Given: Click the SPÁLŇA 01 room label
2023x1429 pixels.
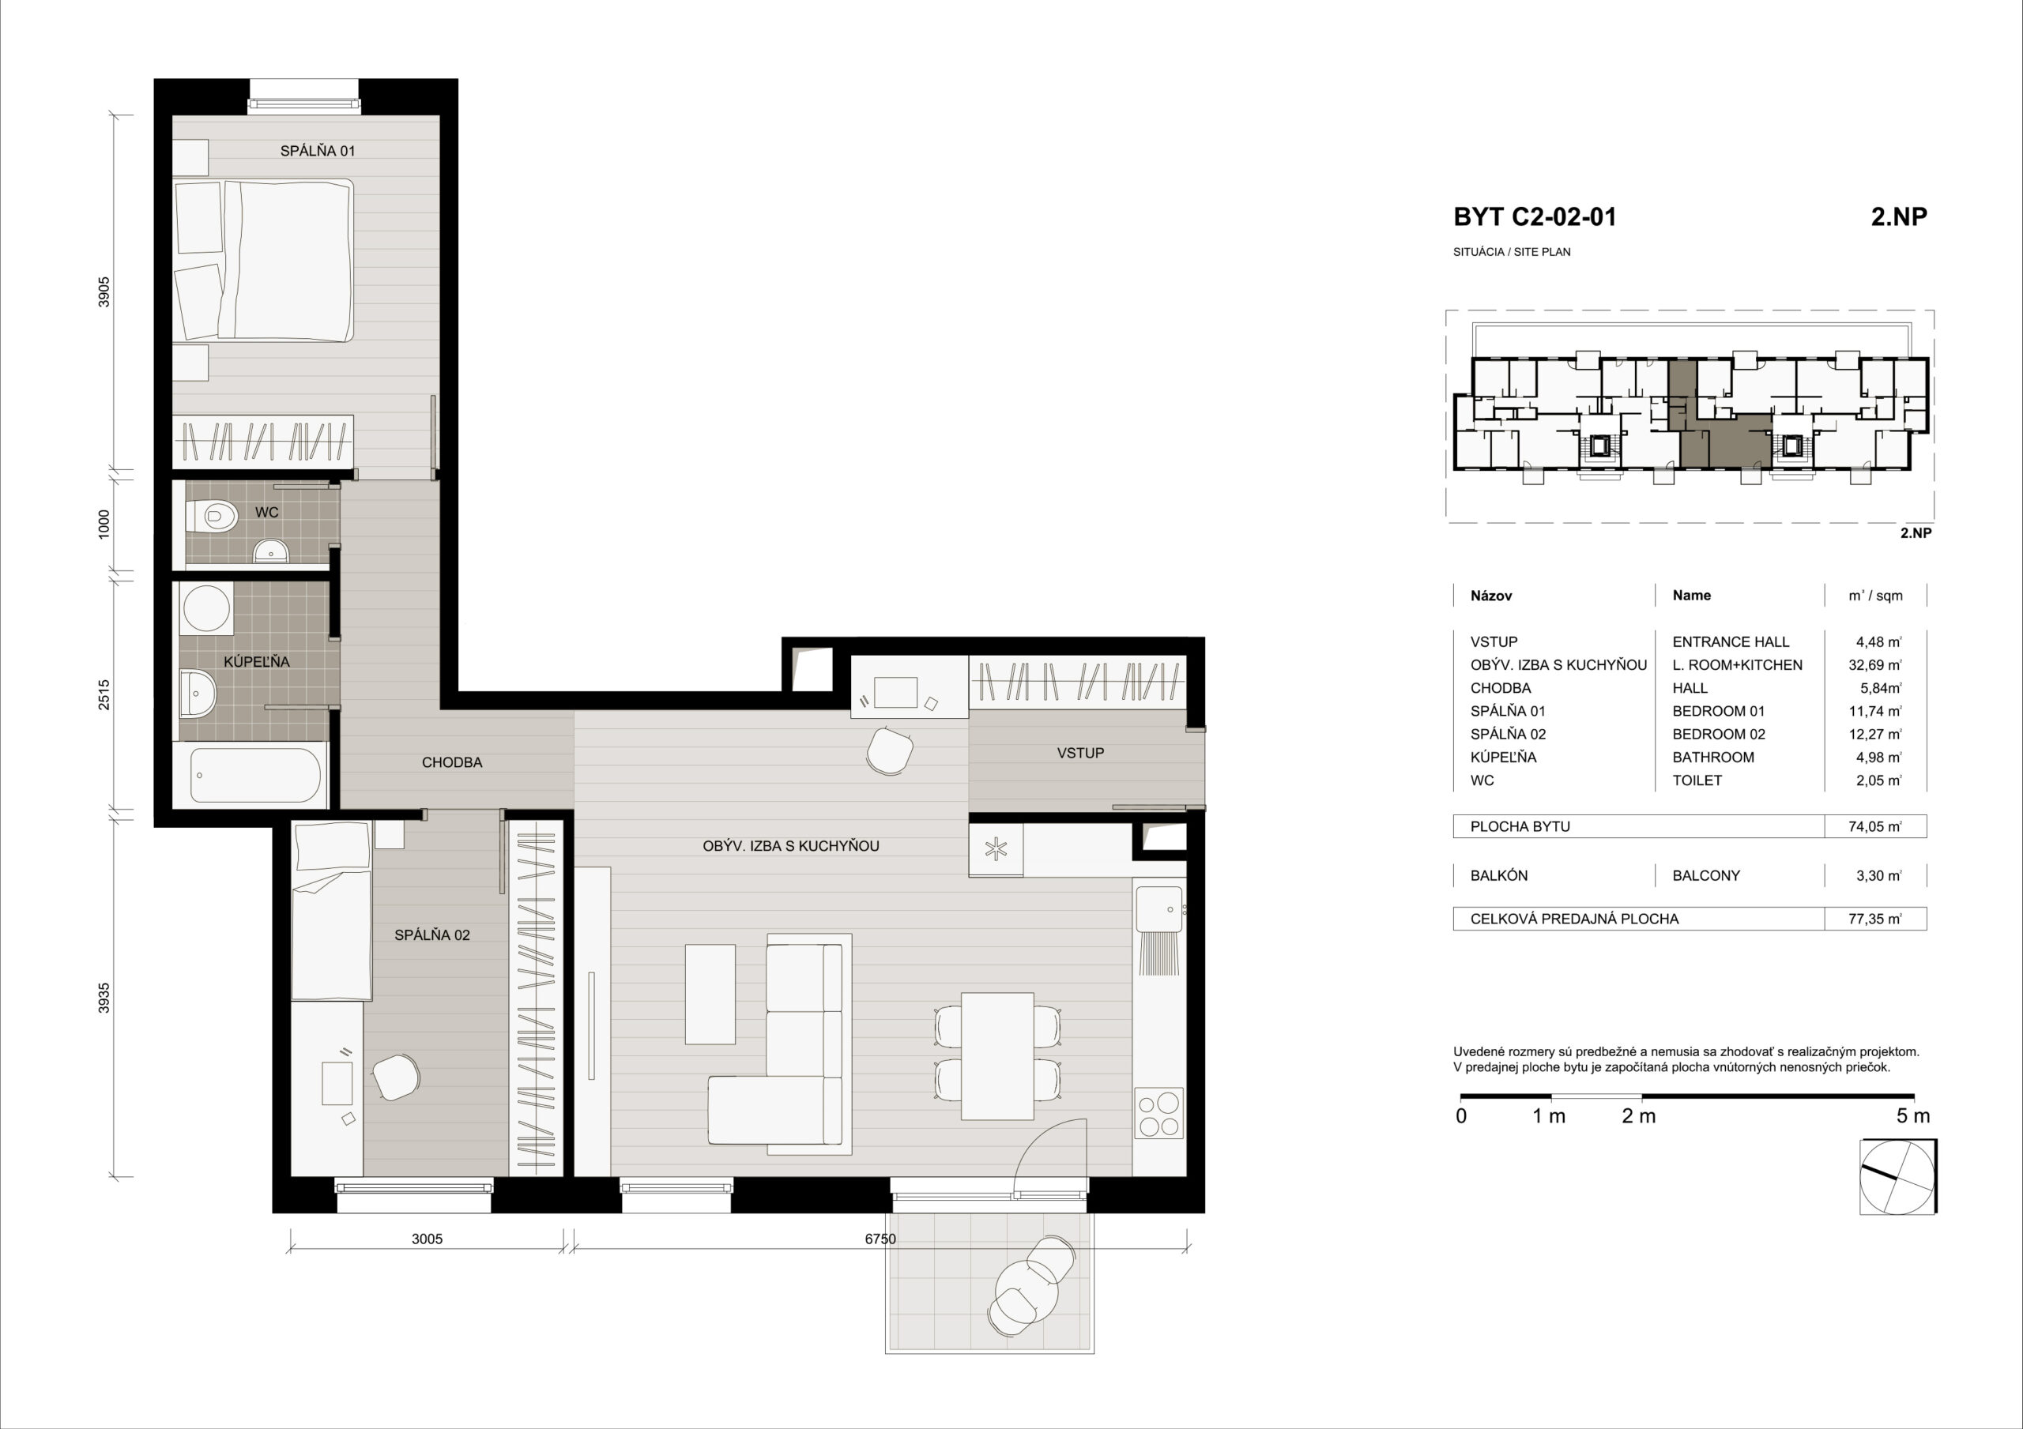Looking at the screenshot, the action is tap(317, 151).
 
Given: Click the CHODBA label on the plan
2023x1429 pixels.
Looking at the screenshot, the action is tap(452, 763).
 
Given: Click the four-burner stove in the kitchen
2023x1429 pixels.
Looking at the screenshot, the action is tap(1158, 1115).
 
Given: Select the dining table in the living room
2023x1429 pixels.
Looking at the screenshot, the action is tap(997, 1055).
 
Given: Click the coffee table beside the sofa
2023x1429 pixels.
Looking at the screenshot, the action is tap(710, 994).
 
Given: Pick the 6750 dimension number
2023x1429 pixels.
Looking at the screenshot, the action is tap(880, 1239).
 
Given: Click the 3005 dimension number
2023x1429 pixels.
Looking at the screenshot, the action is tap(427, 1239).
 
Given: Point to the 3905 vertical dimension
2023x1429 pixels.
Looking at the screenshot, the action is tap(104, 291).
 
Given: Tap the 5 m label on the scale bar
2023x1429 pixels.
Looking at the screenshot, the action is tap(1913, 1116).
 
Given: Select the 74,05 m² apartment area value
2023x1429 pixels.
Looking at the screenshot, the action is tap(1875, 826).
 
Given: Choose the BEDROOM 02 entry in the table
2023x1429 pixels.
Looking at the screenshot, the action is tap(1719, 734).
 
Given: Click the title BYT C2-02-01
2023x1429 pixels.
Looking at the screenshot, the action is tap(1535, 216).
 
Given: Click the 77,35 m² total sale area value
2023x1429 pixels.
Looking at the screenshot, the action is tap(1875, 919).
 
